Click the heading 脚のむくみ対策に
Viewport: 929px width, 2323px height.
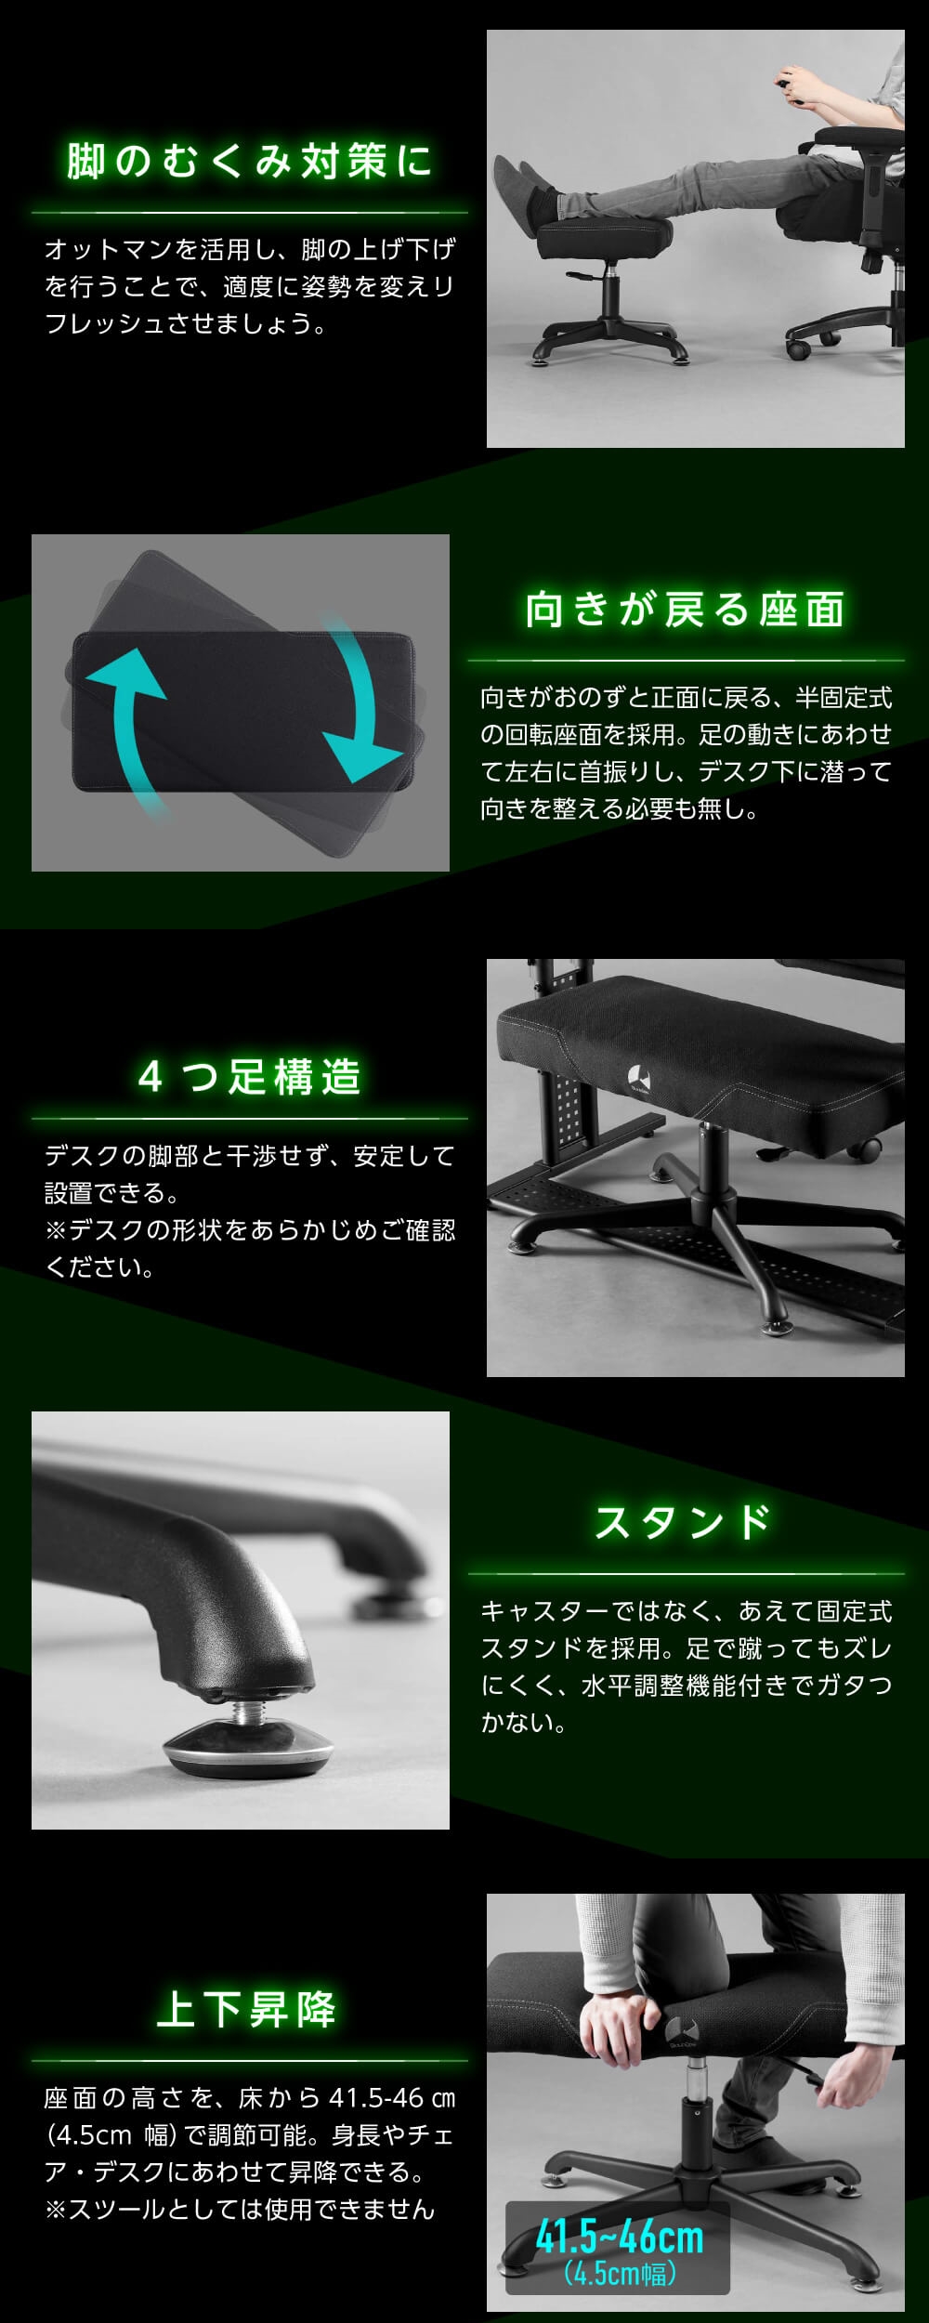(x=249, y=162)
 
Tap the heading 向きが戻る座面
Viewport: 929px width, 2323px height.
(x=686, y=610)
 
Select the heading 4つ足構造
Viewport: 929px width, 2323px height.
(x=249, y=1077)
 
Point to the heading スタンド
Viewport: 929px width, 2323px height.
(x=684, y=1522)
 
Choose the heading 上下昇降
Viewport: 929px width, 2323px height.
(x=247, y=2009)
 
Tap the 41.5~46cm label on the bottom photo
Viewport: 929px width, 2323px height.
(x=619, y=2237)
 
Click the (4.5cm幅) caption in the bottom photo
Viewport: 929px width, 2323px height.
(x=620, y=2274)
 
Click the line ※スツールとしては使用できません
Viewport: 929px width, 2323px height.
(x=240, y=2209)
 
